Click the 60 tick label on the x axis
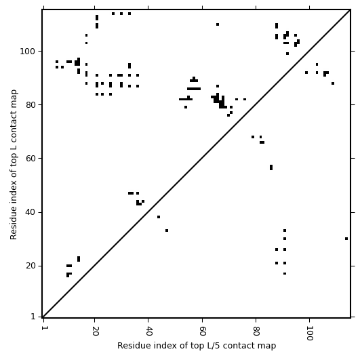pos(202,331)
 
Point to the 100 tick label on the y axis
pos(27,51)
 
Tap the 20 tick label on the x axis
pos(95,331)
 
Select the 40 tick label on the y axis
pos(31,212)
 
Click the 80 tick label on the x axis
pos(256,331)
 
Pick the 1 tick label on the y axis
pos(33,317)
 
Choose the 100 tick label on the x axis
pos(309,333)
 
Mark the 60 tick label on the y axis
pos(31,158)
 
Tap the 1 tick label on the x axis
pos(43,328)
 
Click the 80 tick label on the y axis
pos(31,104)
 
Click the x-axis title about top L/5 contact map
pos(197,346)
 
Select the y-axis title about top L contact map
pos(14,165)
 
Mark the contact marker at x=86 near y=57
pos(271,167)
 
